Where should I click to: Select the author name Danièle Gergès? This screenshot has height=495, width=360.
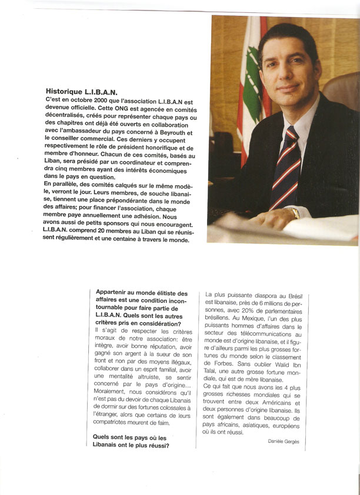click(x=287, y=441)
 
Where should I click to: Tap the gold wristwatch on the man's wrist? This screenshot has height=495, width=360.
click(x=294, y=213)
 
